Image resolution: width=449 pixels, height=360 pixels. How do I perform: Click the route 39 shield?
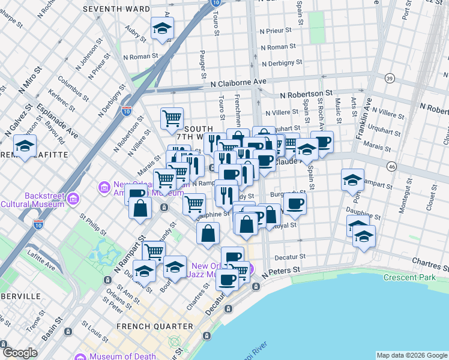click(390, 79)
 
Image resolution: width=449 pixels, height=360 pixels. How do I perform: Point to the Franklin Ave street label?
click(364, 119)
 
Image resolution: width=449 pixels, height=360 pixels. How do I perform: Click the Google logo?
click(19, 353)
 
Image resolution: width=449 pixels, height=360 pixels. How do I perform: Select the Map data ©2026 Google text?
click(412, 355)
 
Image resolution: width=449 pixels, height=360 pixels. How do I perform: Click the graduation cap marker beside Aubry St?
click(161, 29)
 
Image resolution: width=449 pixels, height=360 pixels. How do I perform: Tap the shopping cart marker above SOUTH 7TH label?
click(172, 118)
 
